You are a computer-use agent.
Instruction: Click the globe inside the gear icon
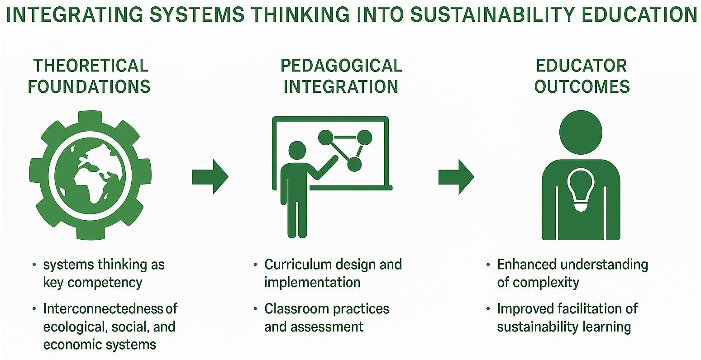[x=90, y=175]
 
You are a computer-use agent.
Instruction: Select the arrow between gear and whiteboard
[x=210, y=176]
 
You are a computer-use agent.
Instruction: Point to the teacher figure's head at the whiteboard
[x=297, y=151]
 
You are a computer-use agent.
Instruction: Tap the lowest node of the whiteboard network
[x=354, y=164]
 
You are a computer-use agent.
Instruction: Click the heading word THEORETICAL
[x=91, y=66]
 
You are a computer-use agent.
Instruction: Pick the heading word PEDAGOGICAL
[x=341, y=66]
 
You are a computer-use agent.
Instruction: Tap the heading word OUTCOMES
[x=582, y=86]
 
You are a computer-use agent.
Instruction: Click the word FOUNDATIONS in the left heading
[x=90, y=86]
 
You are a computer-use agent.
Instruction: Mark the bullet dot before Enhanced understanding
[x=488, y=265]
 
